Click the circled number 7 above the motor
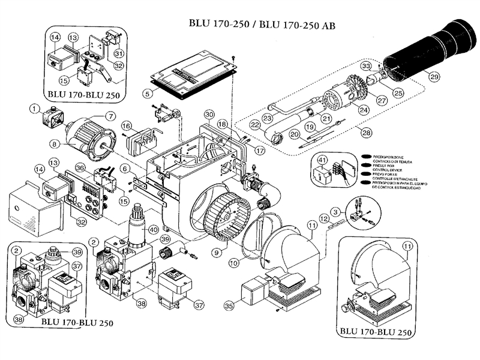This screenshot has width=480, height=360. tap(110, 115)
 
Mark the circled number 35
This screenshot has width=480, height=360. tap(227, 306)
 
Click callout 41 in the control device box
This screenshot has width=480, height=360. tap(321, 161)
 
